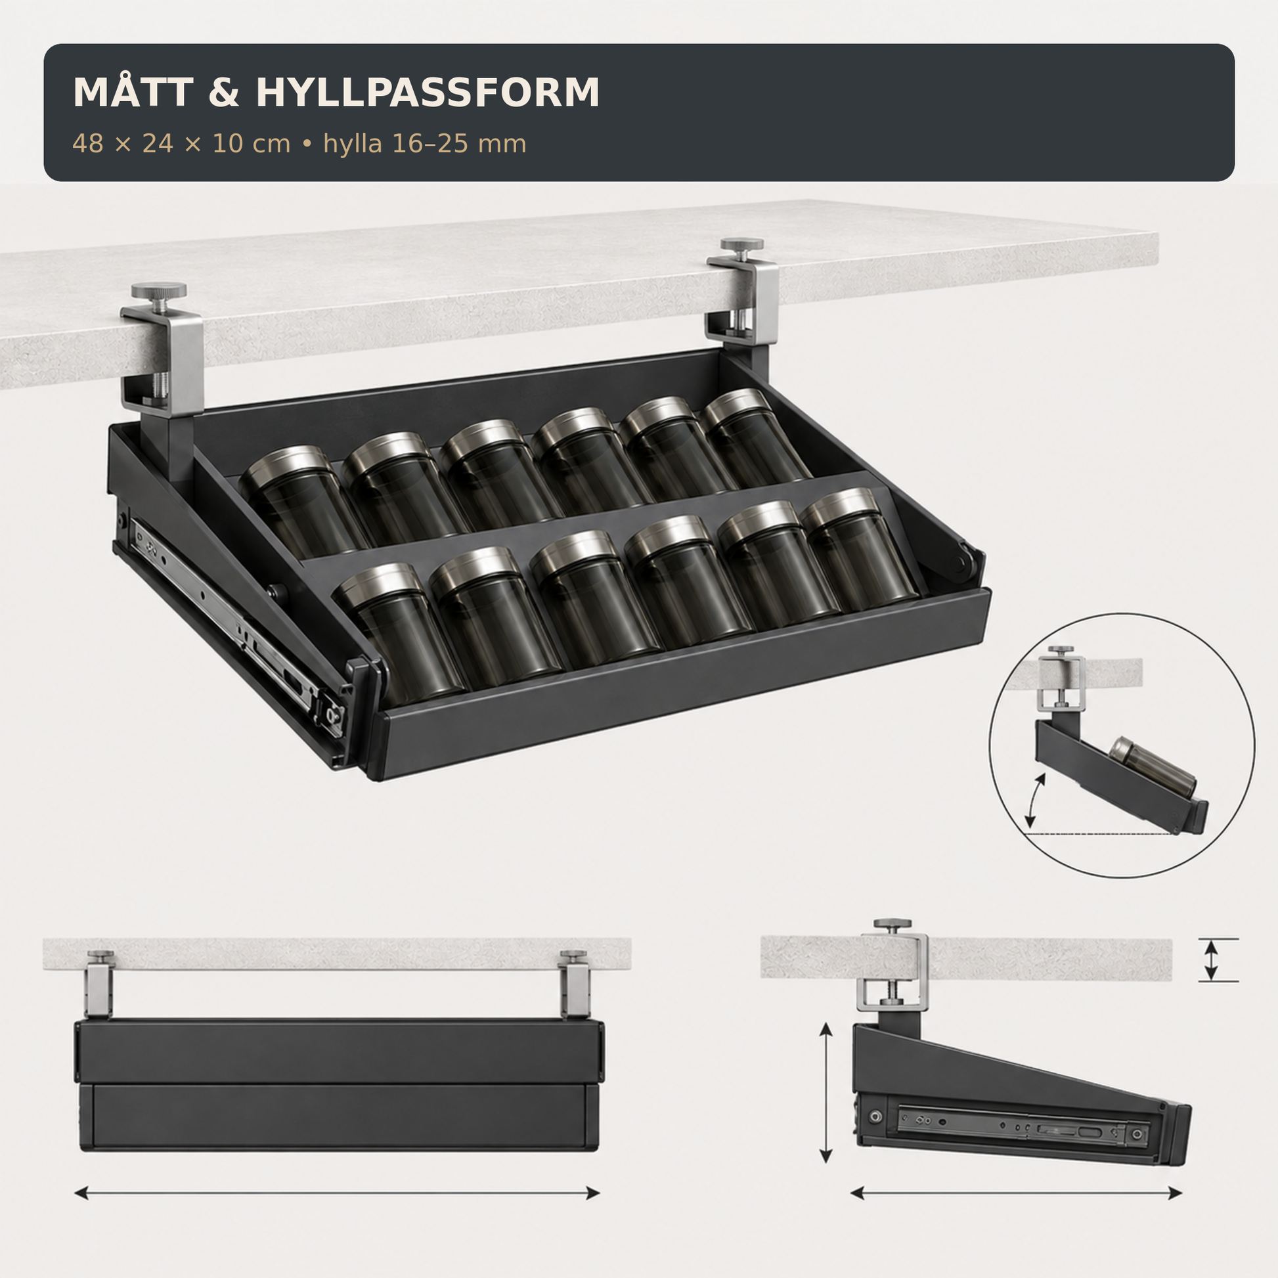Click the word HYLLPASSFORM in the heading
tap(428, 93)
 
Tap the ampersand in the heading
tap(224, 93)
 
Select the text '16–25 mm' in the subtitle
tap(459, 144)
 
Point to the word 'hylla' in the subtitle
tap(353, 144)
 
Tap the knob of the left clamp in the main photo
tap(159, 291)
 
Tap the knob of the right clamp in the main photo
tap(741, 246)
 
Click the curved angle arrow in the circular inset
tap(1033, 802)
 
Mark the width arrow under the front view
tap(337, 1193)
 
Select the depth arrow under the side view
tap(1016, 1193)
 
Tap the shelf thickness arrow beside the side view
tap(1210, 960)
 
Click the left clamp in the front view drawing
tap(99, 984)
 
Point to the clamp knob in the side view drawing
tap(892, 924)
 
